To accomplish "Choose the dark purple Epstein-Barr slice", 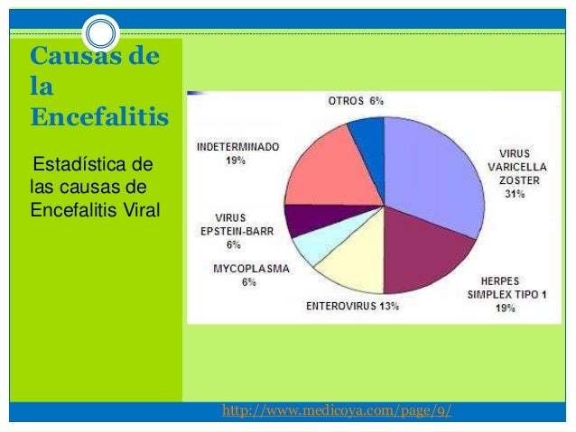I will [306, 219].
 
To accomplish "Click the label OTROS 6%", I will [355, 100].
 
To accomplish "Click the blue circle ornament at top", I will [101, 34].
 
